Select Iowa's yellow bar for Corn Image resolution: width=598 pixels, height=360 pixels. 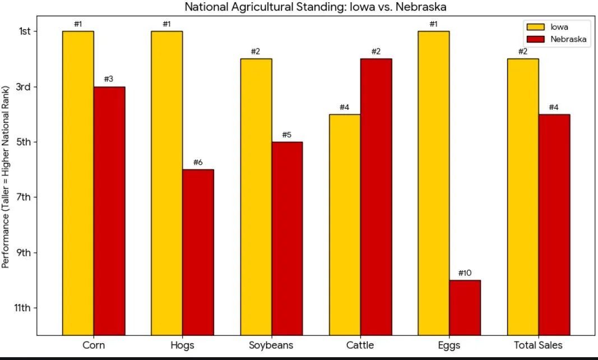click(x=78, y=183)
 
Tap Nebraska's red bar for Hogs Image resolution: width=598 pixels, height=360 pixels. click(x=198, y=252)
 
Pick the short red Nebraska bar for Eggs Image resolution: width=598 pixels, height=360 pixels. click(x=465, y=307)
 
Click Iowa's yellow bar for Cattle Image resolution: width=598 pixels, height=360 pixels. click(x=345, y=224)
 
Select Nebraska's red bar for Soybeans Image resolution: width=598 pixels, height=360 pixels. click(x=287, y=238)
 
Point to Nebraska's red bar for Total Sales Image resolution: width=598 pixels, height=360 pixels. click(x=554, y=224)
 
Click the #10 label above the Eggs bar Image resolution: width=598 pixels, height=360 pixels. click(x=465, y=273)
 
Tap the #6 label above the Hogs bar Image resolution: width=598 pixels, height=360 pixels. click(x=198, y=163)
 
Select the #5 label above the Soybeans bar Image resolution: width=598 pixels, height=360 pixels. click(x=287, y=135)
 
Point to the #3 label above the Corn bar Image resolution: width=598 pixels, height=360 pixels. click(x=109, y=79)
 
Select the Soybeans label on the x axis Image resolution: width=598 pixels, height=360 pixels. click(x=271, y=345)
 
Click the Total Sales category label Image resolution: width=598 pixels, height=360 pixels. click(x=538, y=345)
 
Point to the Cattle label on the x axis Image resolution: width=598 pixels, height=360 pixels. click(x=360, y=345)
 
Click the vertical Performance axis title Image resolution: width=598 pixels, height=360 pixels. click(x=6, y=177)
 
